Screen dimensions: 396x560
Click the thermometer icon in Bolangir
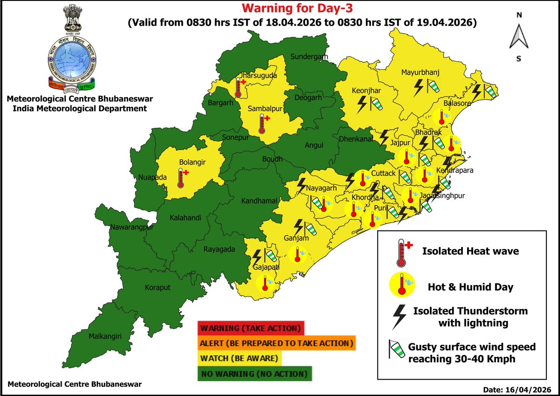(x=182, y=178)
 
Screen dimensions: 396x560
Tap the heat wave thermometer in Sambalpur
(x=263, y=123)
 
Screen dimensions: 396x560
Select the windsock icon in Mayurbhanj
(x=434, y=87)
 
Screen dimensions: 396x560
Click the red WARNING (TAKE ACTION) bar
(x=251, y=327)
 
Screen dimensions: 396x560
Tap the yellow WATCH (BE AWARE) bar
(x=240, y=358)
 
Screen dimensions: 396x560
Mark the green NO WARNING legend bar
(x=254, y=374)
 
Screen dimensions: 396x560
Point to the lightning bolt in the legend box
(x=399, y=317)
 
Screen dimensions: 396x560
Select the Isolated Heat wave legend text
(x=470, y=251)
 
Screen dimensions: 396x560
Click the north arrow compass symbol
(x=518, y=36)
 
